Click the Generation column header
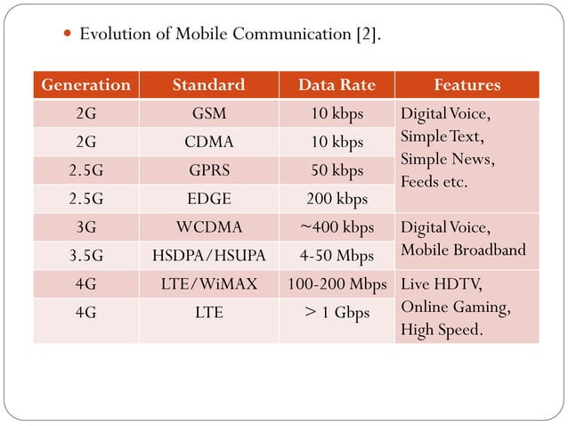85,86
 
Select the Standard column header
208,86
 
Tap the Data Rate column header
337,86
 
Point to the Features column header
467,86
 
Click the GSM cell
208,114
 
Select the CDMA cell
208,143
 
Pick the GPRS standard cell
208,170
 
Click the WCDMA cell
208,227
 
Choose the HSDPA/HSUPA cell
208,256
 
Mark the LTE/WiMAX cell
208,284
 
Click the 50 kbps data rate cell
337,170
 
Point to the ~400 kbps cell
337,227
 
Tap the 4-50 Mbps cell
337,256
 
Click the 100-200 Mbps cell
337,284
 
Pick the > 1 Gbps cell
337,313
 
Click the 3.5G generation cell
85,256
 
